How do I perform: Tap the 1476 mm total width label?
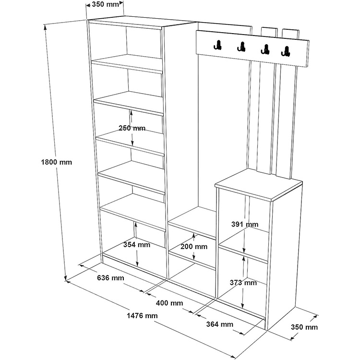(142, 316)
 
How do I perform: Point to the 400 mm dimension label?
(169, 303)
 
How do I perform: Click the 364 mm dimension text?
(219, 324)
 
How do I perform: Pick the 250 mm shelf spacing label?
(132, 128)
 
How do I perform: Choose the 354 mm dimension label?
(136, 245)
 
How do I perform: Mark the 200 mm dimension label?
(194, 247)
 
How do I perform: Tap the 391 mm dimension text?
(244, 224)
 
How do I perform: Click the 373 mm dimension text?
(244, 283)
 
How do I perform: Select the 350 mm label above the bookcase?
(105, 4)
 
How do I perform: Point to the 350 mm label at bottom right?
(304, 327)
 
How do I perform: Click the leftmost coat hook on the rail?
(217, 45)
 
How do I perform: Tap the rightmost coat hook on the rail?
(287, 51)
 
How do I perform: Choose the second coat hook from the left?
(240, 47)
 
